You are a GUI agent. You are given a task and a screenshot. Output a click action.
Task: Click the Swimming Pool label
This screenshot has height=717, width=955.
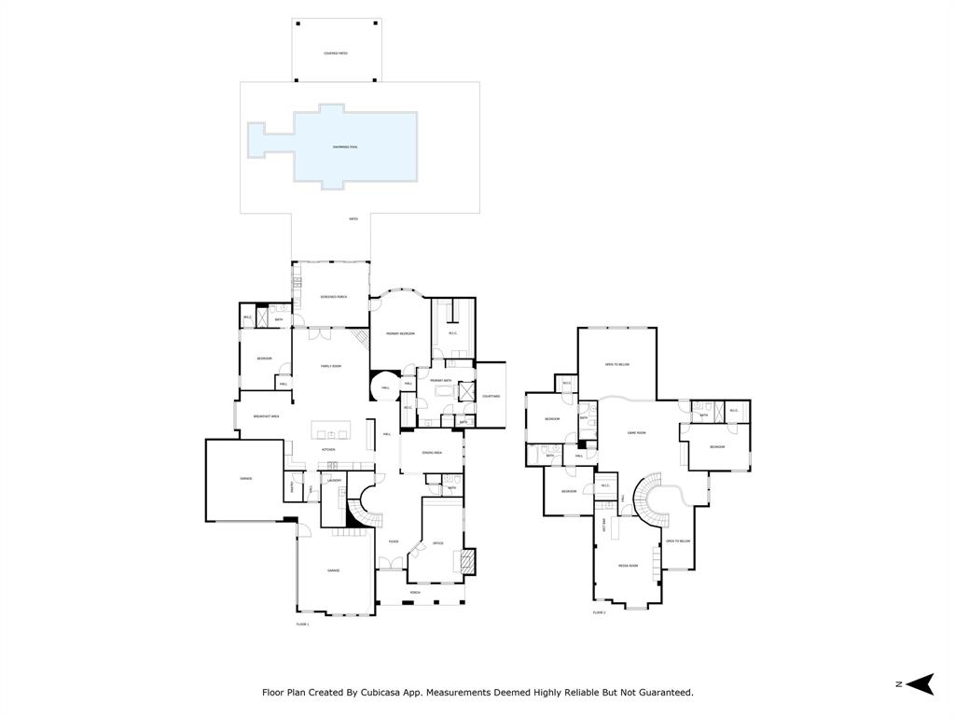pos(345,148)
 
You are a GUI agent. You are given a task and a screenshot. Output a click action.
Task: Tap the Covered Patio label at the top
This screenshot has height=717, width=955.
pos(337,53)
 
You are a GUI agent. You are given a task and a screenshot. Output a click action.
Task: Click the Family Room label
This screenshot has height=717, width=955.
pos(331,366)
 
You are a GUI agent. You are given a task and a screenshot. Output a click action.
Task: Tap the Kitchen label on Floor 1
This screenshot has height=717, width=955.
pos(328,449)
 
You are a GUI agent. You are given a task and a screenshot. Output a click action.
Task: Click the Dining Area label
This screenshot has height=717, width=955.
pos(431,452)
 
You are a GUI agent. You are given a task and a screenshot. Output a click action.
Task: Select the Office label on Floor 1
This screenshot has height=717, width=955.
pos(438,542)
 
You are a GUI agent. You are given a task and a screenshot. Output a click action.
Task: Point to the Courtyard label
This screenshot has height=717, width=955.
pos(491,396)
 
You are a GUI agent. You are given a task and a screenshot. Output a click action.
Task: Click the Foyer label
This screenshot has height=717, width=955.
pos(394,541)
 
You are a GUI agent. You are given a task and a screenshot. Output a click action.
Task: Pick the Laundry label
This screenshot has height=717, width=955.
pos(334,480)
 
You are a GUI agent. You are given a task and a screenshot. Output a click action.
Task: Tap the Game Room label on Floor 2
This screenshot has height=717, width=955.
pos(637,432)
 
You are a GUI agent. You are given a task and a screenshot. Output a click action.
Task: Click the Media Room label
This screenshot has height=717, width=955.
pos(628,566)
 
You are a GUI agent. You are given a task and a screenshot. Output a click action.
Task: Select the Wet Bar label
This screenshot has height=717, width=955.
pos(604,525)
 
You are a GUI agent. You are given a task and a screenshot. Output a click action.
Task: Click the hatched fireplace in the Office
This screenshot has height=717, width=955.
pos(466,560)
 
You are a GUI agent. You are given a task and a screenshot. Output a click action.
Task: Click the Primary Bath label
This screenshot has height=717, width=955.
pos(441,381)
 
